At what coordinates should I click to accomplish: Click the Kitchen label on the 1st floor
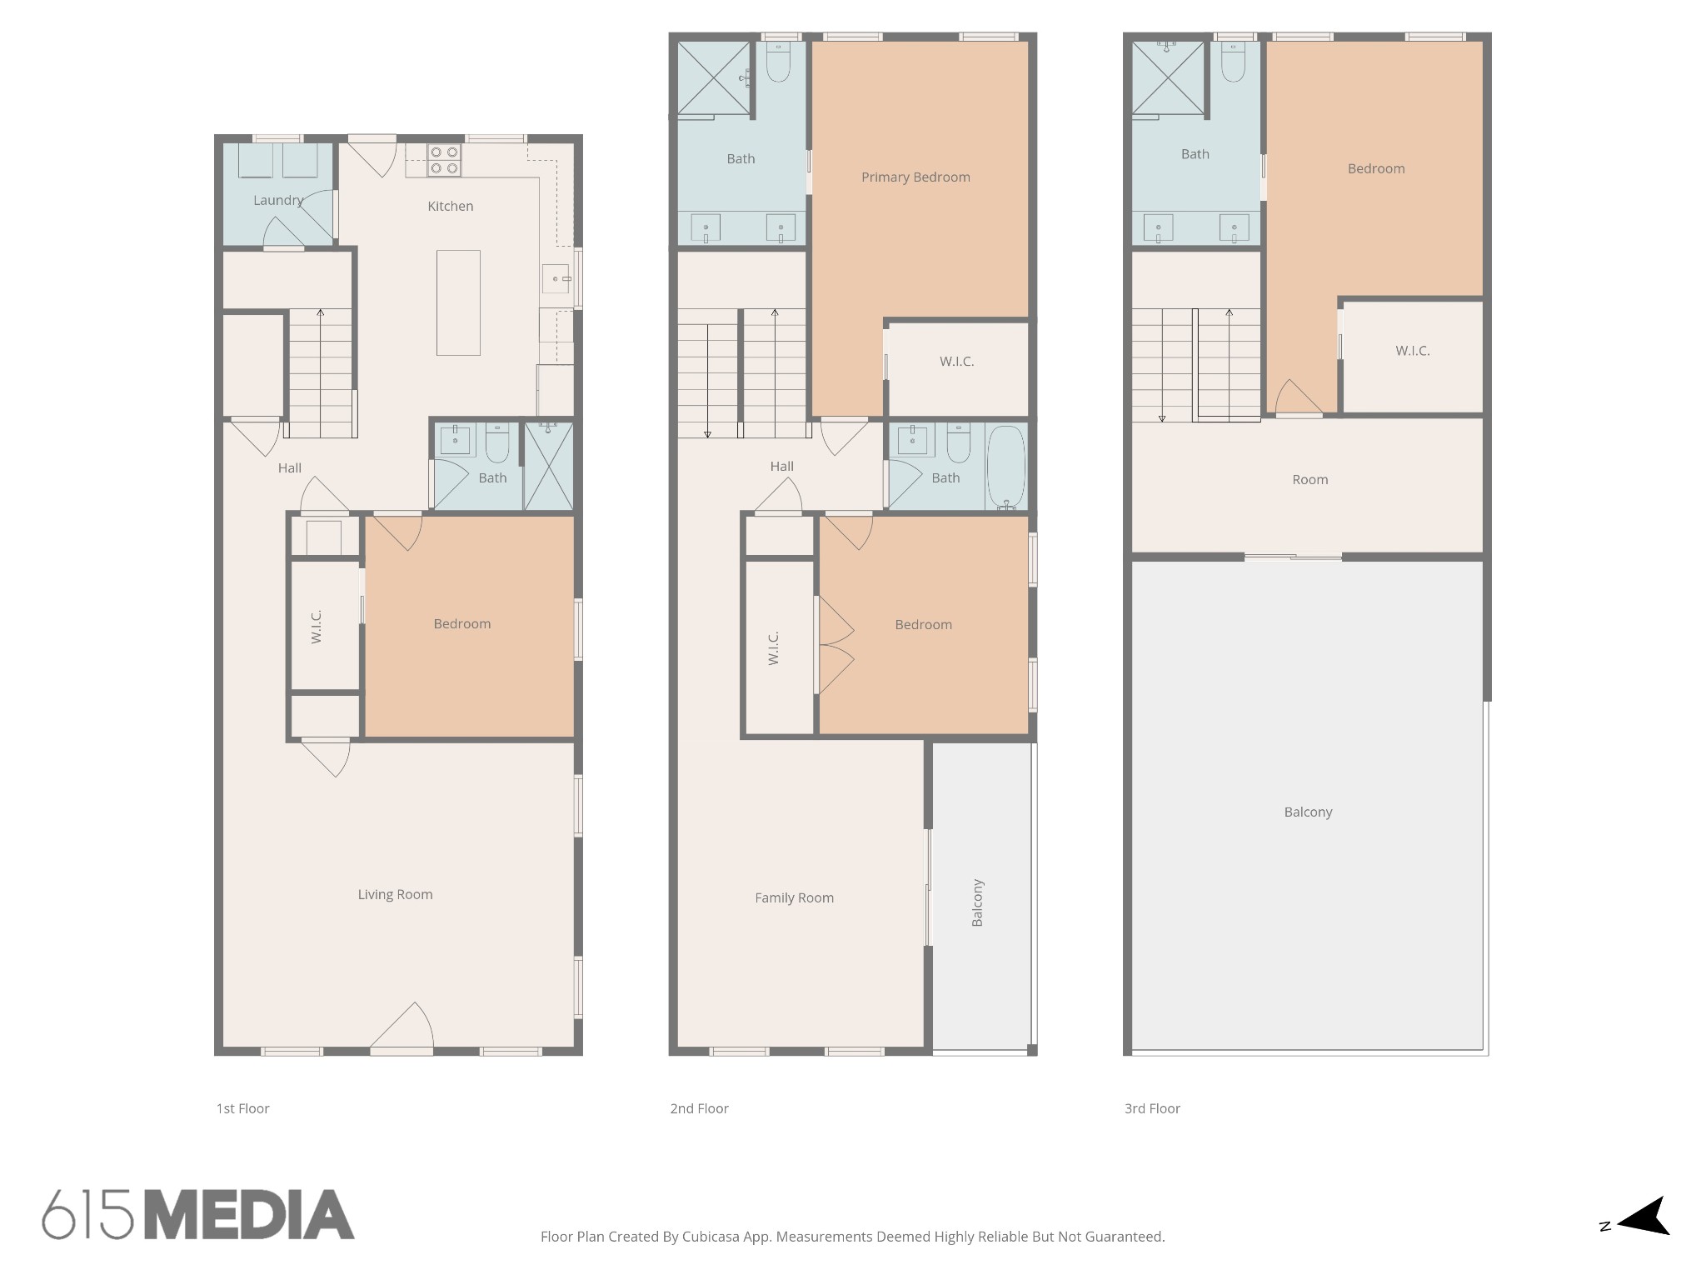[x=450, y=206]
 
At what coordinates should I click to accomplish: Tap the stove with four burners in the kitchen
[x=443, y=160]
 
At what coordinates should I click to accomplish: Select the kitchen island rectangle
[x=458, y=302]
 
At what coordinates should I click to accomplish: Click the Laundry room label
[x=278, y=201]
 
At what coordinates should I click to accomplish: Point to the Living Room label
[x=395, y=894]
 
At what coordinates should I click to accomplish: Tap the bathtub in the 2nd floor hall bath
[x=1006, y=467]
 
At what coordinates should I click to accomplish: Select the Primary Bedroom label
[x=915, y=177]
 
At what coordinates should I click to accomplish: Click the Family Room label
[x=794, y=897]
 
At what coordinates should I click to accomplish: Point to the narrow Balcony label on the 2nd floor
[x=978, y=902]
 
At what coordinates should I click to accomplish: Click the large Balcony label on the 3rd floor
[x=1308, y=812]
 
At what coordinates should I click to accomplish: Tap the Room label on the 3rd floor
[x=1309, y=479]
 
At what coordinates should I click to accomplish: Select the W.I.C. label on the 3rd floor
[x=1413, y=351]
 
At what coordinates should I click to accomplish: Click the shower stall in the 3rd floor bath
[x=1168, y=77]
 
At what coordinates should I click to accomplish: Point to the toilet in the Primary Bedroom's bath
[x=778, y=62]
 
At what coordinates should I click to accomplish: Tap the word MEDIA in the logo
[x=250, y=1214]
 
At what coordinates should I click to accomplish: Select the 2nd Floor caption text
[x=699, y=1108]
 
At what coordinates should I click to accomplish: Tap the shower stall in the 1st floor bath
[x=548, y=466]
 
